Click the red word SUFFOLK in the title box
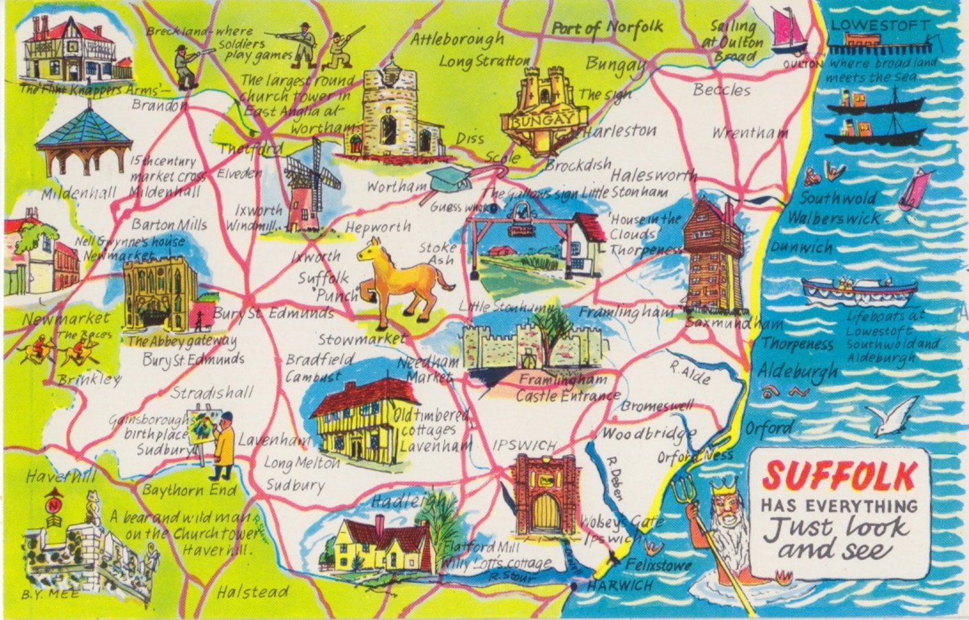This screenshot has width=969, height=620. coord(840,475)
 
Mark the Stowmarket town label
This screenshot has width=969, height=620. coord(362,339)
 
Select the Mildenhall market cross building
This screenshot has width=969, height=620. coord(83,145)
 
